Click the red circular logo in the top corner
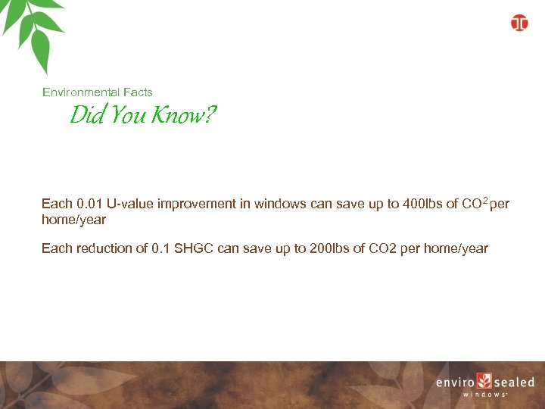(519, 23)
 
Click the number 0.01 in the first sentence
(89, 204)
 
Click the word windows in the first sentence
(281, 204)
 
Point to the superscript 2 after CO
(484, 201)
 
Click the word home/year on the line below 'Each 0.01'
(73, 220)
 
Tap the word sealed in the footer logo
(514, 382)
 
